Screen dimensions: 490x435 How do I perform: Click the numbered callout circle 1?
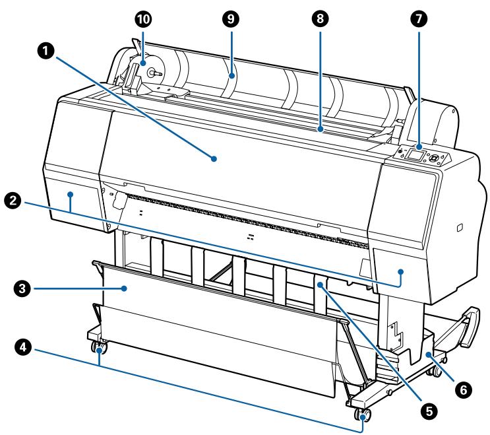click(46, 51)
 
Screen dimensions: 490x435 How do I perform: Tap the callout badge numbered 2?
click(13, 200)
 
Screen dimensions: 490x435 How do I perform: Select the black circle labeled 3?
click(22, 288)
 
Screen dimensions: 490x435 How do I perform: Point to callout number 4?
click(23, 347)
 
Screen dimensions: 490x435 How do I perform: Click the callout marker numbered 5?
click(429, 411)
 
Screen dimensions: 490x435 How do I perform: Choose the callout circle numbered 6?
click(464, 389)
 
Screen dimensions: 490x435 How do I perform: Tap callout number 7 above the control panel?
click(419, 18)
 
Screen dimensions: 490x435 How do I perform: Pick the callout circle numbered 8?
click(320, 18)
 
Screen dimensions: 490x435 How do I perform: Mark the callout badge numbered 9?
click(231, 18)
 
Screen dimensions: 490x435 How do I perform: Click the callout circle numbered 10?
click(143, 19)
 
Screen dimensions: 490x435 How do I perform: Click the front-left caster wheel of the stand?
click(98, 347)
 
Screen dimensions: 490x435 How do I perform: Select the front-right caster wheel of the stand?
click(363, 415)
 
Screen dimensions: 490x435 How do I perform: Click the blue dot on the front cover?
click(214, 159)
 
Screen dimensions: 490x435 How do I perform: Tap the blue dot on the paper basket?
click(125, 288)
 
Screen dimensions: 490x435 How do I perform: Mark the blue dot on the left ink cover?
click(71, 195)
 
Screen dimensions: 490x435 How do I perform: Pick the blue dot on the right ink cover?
click(401, 271)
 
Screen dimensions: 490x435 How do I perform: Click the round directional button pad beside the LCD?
click(434, 158)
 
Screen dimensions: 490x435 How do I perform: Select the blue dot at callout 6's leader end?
click(429, 354)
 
